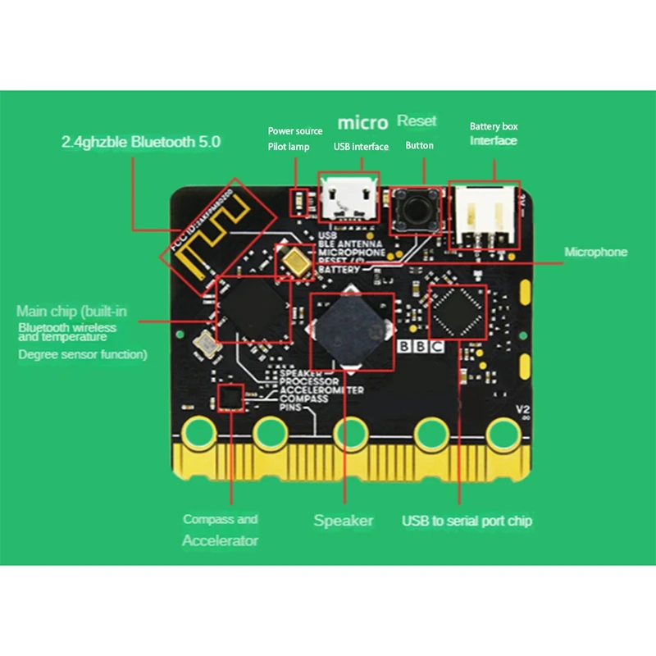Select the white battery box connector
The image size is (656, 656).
tap(484, 214)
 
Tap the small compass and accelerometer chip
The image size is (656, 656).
tap(233, 397)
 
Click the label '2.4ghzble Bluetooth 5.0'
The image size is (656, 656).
tap(141, 141)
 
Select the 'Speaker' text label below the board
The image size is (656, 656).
tap(344, 520)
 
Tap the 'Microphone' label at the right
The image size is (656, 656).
tap(595, 252)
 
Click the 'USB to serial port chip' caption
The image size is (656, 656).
tap(467, 521)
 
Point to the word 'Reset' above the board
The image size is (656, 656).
tap(417, 121)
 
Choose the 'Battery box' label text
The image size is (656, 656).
tap(494, 127)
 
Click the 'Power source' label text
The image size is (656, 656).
tap(295, 130)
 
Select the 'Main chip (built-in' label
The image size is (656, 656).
tap(71, 312)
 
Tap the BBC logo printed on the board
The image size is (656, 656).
tap(421, 346)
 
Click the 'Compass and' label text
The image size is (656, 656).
tap(220, 519)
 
